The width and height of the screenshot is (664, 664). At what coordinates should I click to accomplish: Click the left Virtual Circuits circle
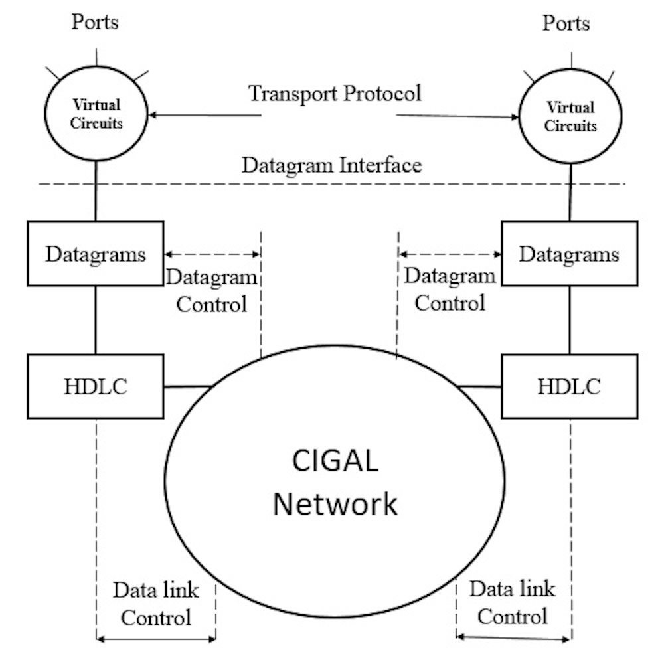[97, 114]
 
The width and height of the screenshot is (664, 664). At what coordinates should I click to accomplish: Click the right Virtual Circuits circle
[570, 118]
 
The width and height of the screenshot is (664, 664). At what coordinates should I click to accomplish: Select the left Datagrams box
[96, 254]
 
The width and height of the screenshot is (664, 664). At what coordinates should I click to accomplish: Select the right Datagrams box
[569, 254]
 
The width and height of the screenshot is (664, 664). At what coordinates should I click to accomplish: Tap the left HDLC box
[96, 386]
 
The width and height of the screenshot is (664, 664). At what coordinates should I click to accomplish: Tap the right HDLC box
[569, 386]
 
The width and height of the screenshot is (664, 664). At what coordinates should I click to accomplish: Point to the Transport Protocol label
[335, 93]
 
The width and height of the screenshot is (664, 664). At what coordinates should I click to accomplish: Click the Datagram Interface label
[331, 165]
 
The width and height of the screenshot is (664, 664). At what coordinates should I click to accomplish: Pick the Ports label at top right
[566, 23]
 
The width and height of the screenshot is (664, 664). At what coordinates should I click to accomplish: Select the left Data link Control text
[156, 604]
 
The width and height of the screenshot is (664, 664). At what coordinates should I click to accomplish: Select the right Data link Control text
[512, 602]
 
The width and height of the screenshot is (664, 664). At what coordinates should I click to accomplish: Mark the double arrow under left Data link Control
[157, 640]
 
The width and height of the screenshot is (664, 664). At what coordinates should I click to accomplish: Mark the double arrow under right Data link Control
[513, 639]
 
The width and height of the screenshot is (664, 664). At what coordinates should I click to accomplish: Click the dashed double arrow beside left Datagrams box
[212, 254]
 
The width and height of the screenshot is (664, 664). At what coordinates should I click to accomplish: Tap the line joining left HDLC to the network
[187, 386]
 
